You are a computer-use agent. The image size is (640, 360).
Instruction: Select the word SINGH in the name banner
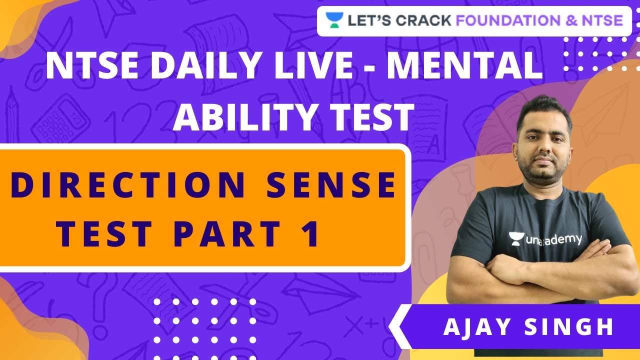[x=570, y=327]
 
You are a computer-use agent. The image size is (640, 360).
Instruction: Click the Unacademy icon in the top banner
[x=333, y=20]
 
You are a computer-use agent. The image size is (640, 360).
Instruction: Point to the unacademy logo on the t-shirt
[x=545, y=239]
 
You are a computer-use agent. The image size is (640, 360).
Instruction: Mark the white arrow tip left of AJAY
[x=392, y=327]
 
